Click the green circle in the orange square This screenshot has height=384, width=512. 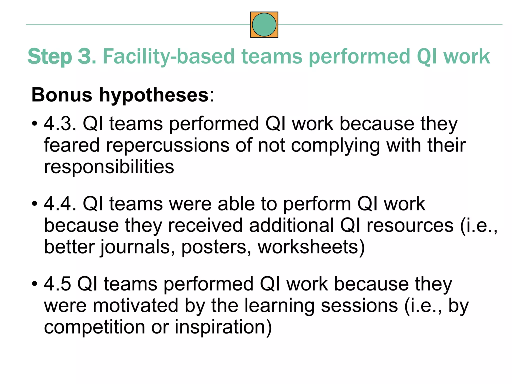pyautogui.click(x=264, y=25)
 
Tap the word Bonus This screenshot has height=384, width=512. pyautogui.click(x=62, y=95)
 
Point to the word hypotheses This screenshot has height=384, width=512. pyautogui.click(x=154, y=95)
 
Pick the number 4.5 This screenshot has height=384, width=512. pyautogui.click(x=57, y=284)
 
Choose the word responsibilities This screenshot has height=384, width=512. pyautogui.click(x=109, y=167)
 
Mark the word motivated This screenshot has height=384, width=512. pyautogui.click(x=136, y=305)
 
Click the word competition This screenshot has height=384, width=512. pyautogui.click(x=94, y=327)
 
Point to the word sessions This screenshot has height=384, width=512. pyautogui.click(x=359, y=305)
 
